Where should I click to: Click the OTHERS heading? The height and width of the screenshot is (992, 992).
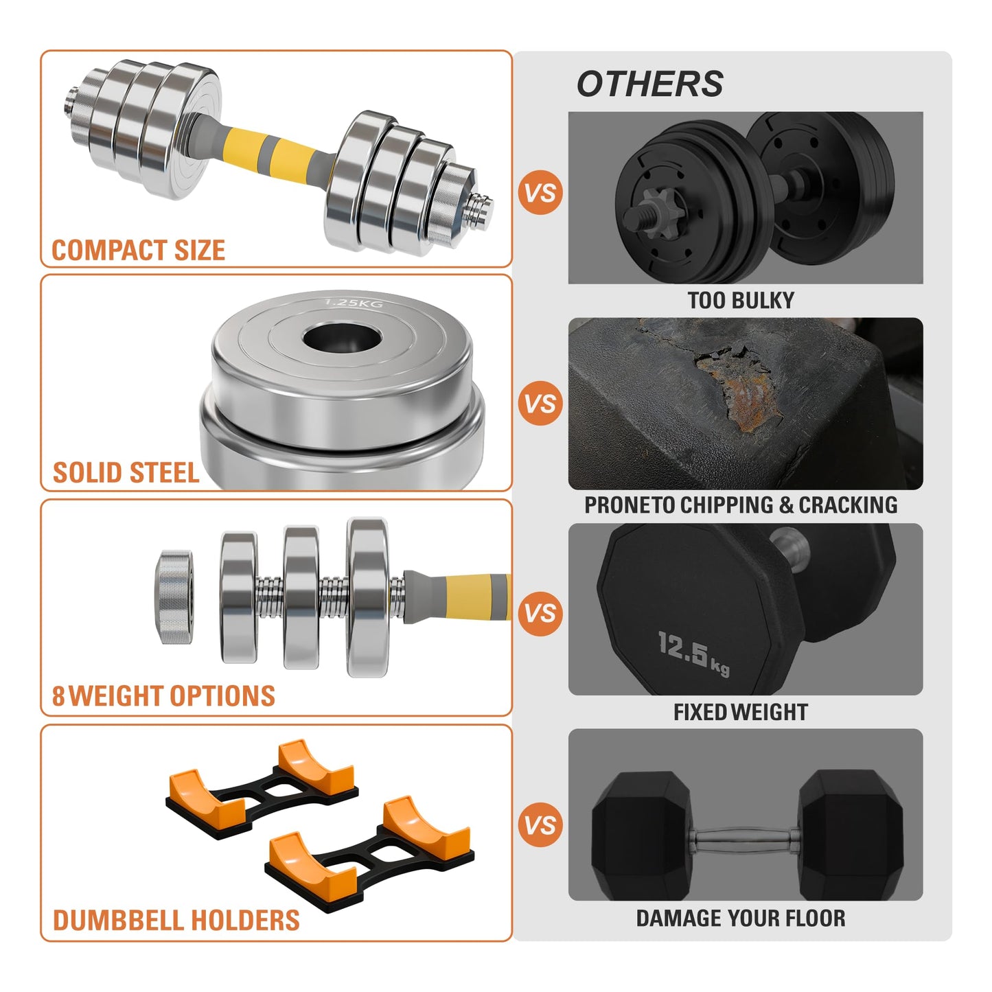(649, 84)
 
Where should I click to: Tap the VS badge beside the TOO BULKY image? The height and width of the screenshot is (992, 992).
(540, 193)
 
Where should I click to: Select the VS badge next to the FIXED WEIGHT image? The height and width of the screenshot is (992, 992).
(540, 613)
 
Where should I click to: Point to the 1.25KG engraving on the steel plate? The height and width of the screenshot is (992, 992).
(354, 303)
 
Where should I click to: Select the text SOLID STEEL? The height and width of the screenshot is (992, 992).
(126, 473)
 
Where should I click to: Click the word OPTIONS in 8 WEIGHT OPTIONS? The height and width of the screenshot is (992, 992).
(222, 696)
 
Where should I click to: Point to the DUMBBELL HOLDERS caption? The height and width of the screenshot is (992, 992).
(176, 921)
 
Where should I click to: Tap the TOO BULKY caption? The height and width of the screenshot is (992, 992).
(741, 301)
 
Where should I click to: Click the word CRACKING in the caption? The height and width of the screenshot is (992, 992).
(848, 505)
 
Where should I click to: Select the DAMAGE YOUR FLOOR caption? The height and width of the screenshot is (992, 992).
(741, 919)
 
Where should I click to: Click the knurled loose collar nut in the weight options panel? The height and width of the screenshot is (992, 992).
(174, 596)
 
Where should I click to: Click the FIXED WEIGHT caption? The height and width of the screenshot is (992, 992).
(741, 713)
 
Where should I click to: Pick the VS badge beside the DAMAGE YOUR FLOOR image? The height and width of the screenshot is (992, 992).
(540, 825)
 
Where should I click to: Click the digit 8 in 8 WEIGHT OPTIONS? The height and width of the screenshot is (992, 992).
(58, 696)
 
